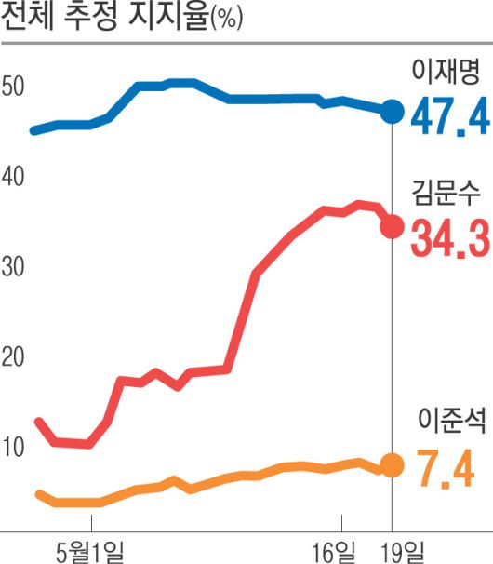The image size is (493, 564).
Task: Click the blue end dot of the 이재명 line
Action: tap(393, 112)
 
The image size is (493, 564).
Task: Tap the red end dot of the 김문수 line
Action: tap(393, 226)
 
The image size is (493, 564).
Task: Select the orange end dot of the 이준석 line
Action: tap(393, 465)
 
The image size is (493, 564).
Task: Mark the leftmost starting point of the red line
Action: tap(37, 421)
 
